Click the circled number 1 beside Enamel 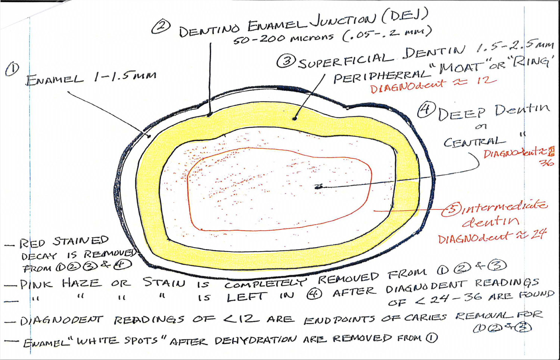tap(12, 69)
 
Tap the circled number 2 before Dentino tap(161, 27)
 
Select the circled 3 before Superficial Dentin tap(286, 61)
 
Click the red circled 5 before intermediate tap(451, 210)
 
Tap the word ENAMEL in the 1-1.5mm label tap(55, 80)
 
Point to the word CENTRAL tap(474, 142)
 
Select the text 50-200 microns tap(283, 38)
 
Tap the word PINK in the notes tap(35, 285)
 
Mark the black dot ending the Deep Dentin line tap(318, 186)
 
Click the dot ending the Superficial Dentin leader tap(295, 118)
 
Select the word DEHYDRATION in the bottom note tap(255, 340)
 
